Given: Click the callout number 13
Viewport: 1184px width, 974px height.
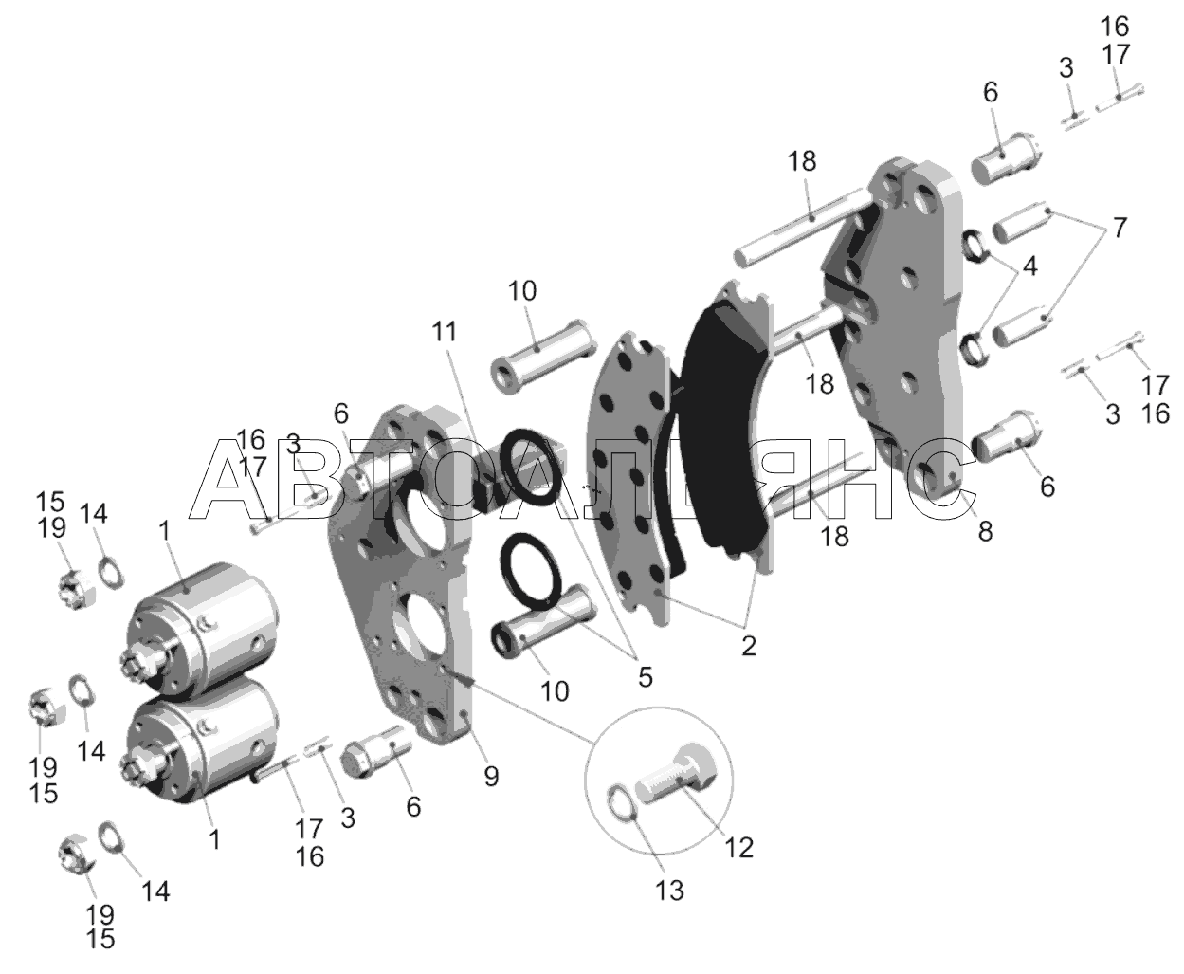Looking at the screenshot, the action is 669,891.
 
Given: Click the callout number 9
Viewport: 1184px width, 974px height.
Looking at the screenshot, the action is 491,777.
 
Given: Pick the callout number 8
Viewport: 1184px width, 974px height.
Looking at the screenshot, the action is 986,531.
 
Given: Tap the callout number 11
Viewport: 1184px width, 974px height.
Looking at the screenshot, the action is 445,331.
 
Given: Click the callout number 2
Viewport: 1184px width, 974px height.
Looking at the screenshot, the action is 748,646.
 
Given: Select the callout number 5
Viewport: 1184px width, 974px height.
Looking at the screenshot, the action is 645,677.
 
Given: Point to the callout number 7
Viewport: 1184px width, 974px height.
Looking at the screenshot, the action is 1119,228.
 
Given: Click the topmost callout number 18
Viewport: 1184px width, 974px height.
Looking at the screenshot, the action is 802,161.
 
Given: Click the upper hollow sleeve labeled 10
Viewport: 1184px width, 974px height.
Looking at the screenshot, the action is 543,357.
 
